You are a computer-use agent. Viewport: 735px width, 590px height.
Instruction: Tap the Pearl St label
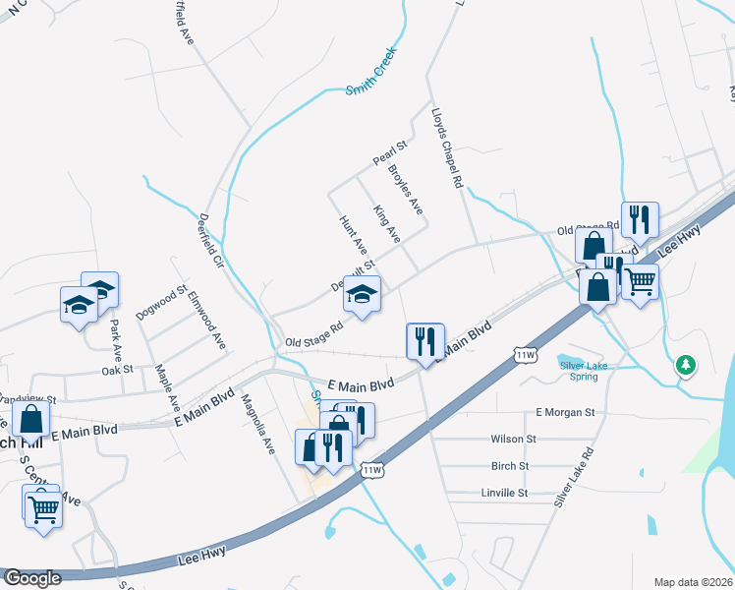pyautogui.click(x=389, y=152)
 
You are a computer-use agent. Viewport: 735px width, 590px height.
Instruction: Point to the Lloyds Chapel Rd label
pyautogui.click(x=446, y=147)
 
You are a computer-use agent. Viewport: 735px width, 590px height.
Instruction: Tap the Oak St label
pyautogui.click(x=117, y=371)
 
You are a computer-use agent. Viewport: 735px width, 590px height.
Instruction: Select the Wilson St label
pyautogui.click(x=514, y=439)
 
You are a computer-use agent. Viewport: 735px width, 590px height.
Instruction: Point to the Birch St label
pyautogui.click(x=510, y=466)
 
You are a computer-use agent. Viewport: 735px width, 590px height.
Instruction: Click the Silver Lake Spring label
pyautogui.click(x=580, y=371)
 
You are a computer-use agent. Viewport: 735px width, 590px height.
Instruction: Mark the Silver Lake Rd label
pyautogui.click(x=574, y=477)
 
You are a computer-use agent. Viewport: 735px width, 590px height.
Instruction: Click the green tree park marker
pyautogui.click(x=686, y=366)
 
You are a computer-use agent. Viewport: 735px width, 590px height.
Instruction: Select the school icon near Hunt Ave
pyautogui.click(x=363, y=294)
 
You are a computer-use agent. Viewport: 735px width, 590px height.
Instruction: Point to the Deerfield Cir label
pyautogui.click(x=212, y=243)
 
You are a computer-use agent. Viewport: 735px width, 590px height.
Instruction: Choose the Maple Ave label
pyautogui.click(x=168, y=387)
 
